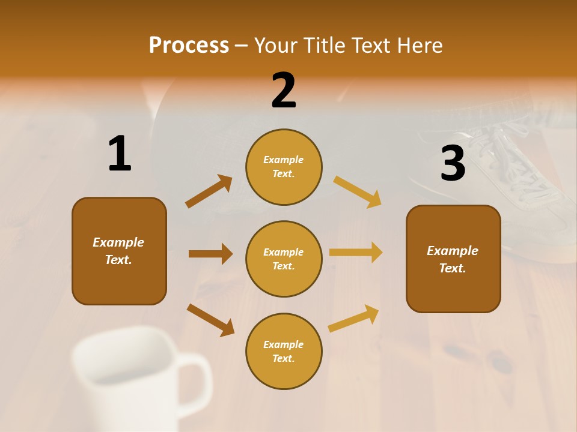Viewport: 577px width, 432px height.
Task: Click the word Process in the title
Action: coord(189,46)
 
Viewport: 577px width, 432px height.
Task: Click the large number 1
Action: coord(120,154)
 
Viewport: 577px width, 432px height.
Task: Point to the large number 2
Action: coord(284,91)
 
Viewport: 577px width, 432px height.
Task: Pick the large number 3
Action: coord(453,164)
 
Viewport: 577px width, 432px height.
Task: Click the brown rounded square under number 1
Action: coord(119,251)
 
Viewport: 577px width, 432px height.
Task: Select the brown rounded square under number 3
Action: coord(453,259)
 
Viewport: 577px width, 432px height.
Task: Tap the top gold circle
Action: coord(284,167)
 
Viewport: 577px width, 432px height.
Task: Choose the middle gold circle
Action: coord(284,259)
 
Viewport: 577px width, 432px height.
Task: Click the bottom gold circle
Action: coord(284,351)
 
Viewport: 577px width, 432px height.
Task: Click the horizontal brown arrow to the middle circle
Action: coord(210,254)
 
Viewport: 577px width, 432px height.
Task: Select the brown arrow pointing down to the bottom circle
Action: coord(210,320)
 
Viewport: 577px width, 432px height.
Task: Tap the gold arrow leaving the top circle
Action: coord(358,191)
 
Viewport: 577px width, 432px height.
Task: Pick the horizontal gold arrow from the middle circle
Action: coord(356,253)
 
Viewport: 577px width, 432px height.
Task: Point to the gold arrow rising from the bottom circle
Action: coord(353,318)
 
